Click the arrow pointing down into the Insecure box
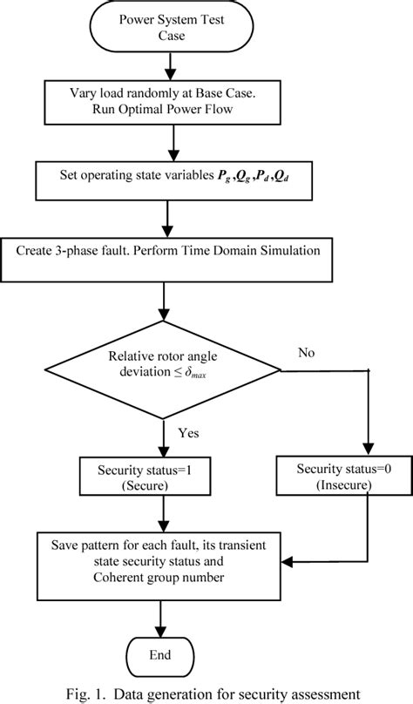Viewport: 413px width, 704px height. tap(369, 427)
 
